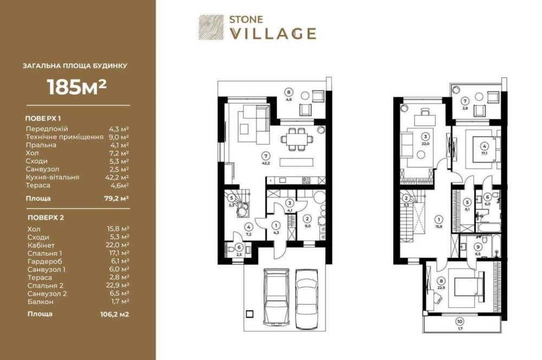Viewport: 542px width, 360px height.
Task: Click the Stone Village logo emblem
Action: [x=210, y=27]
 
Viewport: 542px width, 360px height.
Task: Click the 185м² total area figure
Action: [x=77, y=87]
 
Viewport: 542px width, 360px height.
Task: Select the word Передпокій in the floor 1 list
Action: [x=47, y=129]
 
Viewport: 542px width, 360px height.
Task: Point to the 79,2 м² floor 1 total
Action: [x=117, y=198]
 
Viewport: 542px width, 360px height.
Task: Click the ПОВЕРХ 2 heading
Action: [x=46, y=218]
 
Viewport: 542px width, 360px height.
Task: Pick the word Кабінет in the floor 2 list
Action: [x=41, y=246]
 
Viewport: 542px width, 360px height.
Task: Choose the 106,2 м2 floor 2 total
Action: [x=114, y=314]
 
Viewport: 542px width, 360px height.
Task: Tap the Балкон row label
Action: [x=41, y=302]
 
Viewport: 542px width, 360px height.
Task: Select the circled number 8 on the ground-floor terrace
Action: [x=289, y=92]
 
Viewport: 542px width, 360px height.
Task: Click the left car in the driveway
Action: [x=276, y=296]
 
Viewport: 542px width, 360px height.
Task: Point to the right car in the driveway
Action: [x=307, y=298]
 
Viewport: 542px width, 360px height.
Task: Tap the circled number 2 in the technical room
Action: [x=307, y=218]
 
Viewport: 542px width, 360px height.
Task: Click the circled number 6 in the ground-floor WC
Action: [x=239, y=247]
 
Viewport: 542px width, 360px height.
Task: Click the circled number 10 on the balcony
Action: [x=460, y=322]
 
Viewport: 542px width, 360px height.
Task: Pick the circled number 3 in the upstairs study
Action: [x=426, y=137]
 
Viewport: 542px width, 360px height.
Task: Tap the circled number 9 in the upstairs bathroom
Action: [x=478, y=247]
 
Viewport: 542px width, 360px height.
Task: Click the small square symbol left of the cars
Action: [x=249, y=314]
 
